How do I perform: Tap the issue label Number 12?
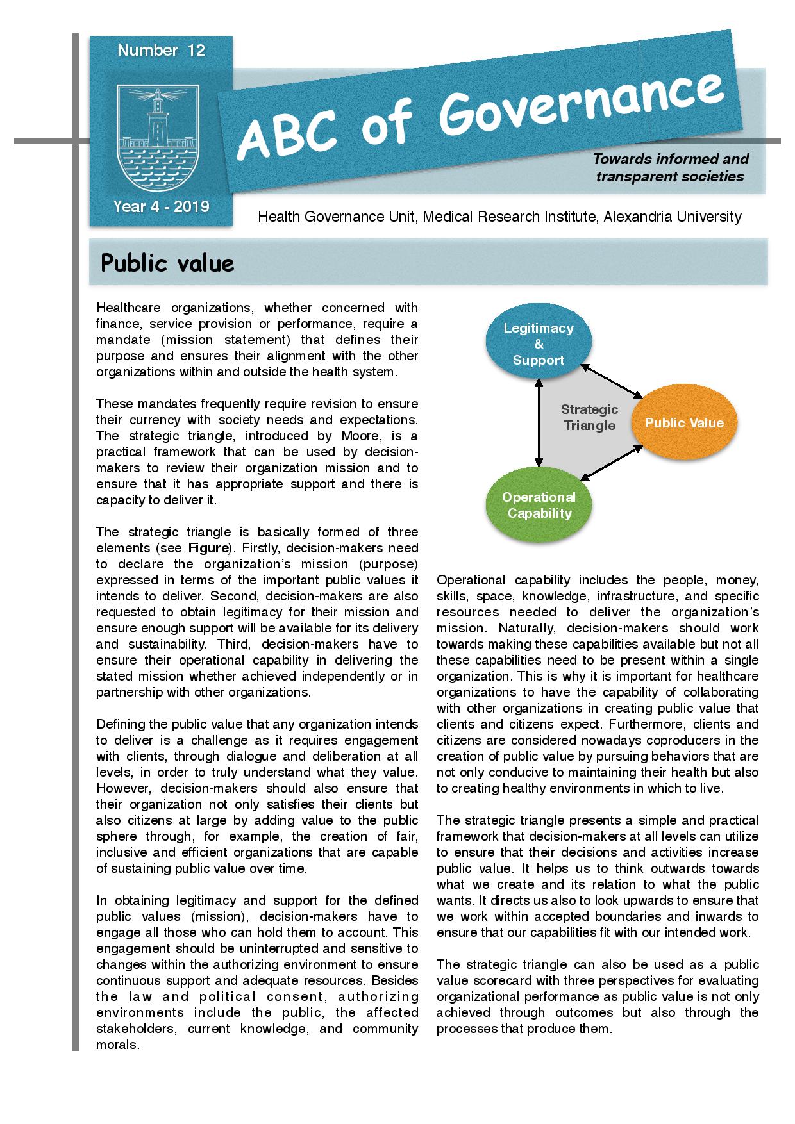(161, 51)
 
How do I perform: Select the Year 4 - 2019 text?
(161, 206)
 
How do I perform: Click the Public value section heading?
(167, 263)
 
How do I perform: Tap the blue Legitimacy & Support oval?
(539, 344)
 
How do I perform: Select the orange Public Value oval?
(684, 423)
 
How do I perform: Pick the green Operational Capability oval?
(539, 505)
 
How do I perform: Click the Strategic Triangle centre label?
(589, 417)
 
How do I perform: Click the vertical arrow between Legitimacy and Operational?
(539, 424)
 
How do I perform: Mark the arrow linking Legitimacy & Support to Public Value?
(612, 382)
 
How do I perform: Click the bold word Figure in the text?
(208, 548)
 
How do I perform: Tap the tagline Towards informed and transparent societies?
(670, 167)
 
